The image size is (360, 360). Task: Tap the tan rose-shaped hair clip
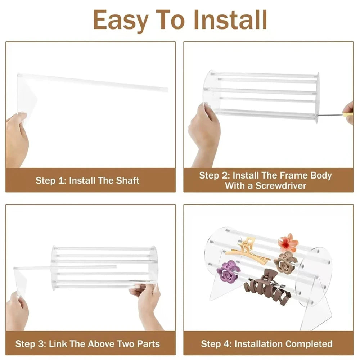(x=285, y=262)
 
